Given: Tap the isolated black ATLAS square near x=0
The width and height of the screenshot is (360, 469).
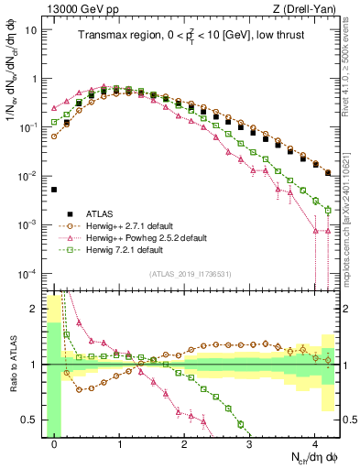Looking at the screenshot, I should point(54,190).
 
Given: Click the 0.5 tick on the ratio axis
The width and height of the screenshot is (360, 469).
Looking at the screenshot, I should point(34,420).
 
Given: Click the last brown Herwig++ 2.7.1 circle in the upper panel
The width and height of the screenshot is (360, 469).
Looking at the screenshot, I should point(328,171).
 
